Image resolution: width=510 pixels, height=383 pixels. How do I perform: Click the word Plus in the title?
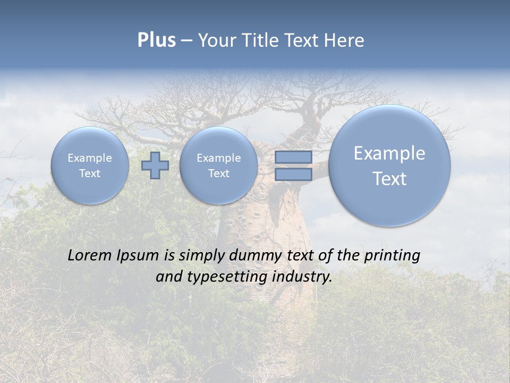pos(156,40)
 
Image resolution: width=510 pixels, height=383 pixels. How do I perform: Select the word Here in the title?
pos(344,40)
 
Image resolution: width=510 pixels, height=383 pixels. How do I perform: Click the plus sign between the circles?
pos(155,165)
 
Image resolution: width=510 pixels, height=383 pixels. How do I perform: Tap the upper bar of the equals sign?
pos(293,157)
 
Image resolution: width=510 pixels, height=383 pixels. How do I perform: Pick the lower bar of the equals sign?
pos(293,174)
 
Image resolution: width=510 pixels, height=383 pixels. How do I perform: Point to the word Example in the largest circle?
pos(389,153)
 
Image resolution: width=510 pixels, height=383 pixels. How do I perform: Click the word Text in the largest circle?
pos(389,179)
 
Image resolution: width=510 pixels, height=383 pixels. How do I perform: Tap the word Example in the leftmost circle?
pos(90,158)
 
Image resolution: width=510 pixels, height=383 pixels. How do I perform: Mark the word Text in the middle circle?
pos(218,173)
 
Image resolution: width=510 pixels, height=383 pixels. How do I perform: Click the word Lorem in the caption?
pos(90,255)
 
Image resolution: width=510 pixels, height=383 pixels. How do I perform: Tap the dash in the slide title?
pos(186,41)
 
